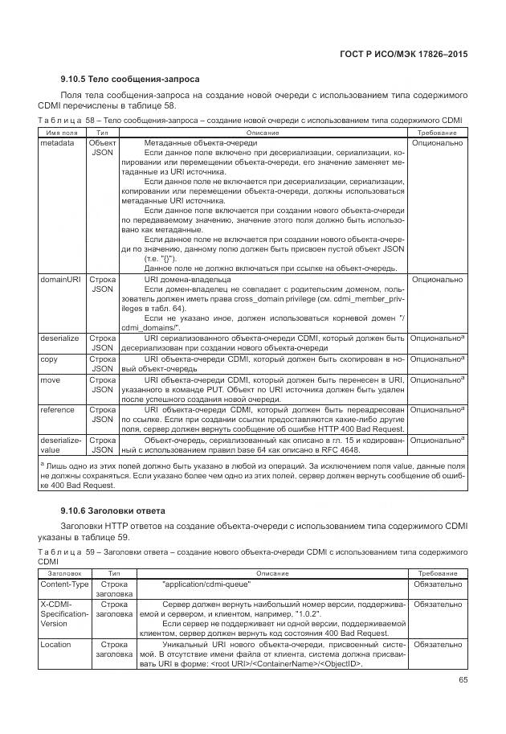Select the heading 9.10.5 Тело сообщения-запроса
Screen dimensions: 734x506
pyautogui.click(x=130, y=80)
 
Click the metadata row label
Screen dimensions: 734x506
pyautogui.click(x=57, y=143)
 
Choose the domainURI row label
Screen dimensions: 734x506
pyautogui.click(x=60, y=280)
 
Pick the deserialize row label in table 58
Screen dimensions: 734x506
pyautogui.click(x=59, y=338)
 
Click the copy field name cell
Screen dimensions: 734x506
pyautogui.click(x=49, y=359)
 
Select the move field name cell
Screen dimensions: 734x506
pyautogui.click(x=51, y=379)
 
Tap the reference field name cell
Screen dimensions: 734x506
pyautogui.click(x=58, y=409)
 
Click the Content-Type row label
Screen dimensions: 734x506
pyautogui.click(x=64, y=584)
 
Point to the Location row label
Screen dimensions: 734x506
pyautogui.click(x=55, y=645)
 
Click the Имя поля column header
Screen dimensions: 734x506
pyautogui.click(x=62, y=132)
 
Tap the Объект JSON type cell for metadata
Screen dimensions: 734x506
pyautogui.click(x=103, y=148)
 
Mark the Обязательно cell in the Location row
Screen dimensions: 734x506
pyautogui.click(x=437, y=645)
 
